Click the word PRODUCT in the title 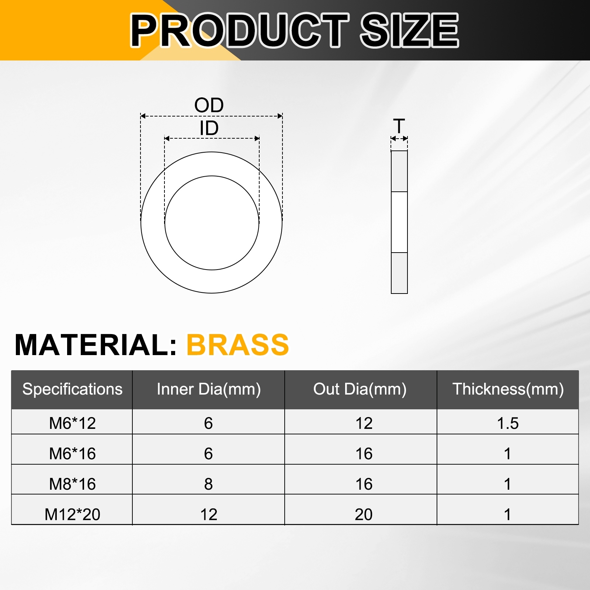click(240, 30)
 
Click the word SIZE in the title click(409, 30)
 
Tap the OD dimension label click(209, 105)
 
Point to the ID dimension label click(209, 128)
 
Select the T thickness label click(399, 126)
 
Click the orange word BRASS click(238, 345)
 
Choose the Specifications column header click(72, 389)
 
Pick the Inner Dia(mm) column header click(209, 389)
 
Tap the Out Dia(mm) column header click(360, 389)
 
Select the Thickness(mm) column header click(508, 389)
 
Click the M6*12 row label click(72, 423)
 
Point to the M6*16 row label click(72, 454)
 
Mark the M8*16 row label click(72, 484)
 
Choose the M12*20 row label click(72, 514)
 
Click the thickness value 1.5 click(508, 423)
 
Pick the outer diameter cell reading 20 click(364, 514)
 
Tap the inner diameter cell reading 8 click(208, 484)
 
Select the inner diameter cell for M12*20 click(209, 514)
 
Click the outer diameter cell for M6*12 click(364, 423)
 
